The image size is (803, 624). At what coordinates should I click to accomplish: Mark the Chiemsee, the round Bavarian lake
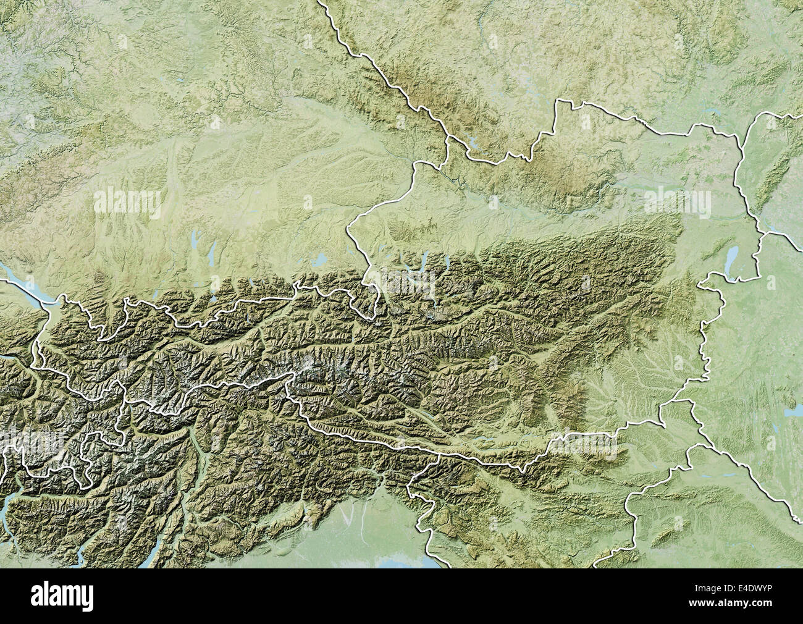tap(322, 258)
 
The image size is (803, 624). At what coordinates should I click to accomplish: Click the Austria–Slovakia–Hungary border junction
tap(765, 234)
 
